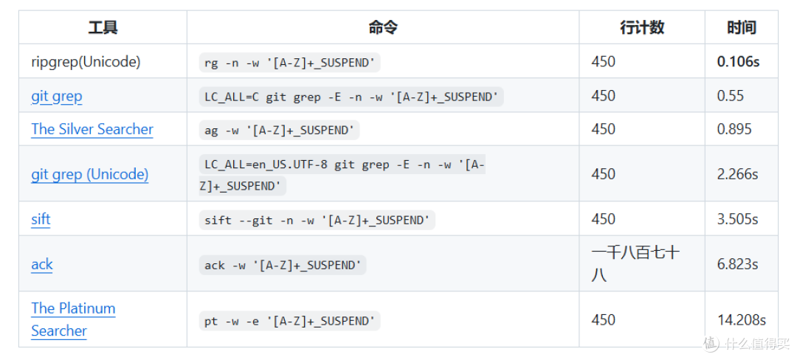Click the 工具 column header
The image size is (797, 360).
(x=103, y=27)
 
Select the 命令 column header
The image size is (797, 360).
(x=383, y=27)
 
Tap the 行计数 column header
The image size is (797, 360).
(x=642, y=27)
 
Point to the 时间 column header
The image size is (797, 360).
(x=741, y=27)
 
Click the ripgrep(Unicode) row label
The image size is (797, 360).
(x=86, y=62)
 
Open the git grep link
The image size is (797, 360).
(x=56, y=97)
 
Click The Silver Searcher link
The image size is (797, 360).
(x=92, y=130)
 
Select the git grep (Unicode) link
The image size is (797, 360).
(x=90, y=175)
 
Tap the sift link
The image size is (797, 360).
(x=41, y=219)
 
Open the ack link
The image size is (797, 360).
(x=41, y=265)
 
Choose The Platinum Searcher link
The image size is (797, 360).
(x=73, y=319)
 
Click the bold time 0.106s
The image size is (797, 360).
(x=738, y=62)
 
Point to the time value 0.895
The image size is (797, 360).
(x=734, y=130)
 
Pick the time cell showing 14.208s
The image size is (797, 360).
(x=742, y=320)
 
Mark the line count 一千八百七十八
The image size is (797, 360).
(x=635, y=264)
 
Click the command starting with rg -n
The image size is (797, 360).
(x=290, y=63)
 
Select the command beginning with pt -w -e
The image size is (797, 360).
(x=290, y=321)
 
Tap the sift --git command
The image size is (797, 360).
(x=317, y=221)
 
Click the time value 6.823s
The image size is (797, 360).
(x=737, y=265)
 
